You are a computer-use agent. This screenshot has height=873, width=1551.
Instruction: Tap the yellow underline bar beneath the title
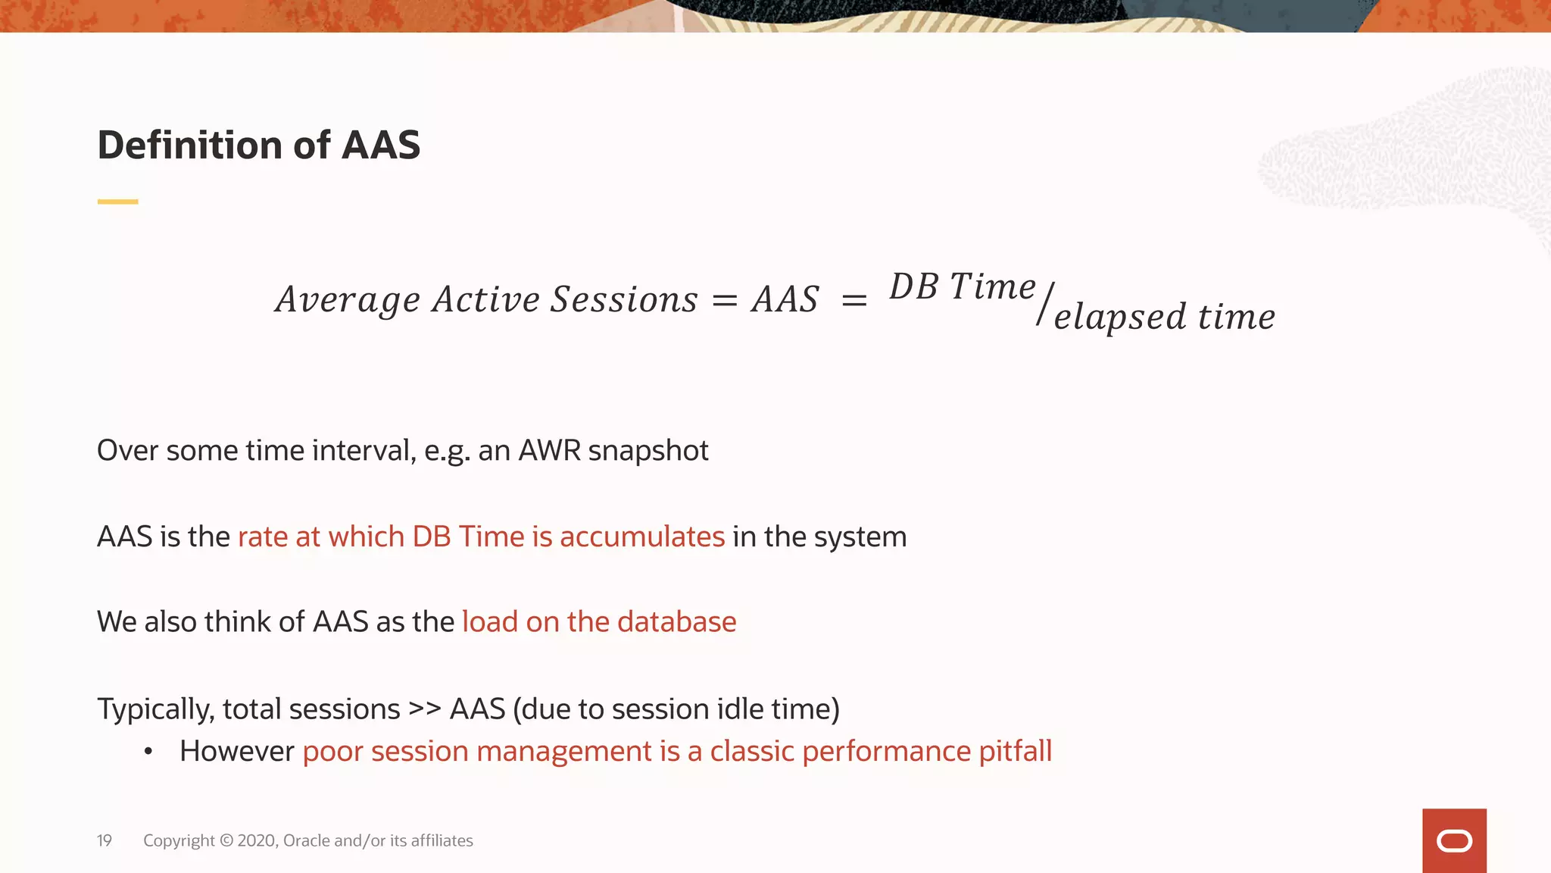[117, 202]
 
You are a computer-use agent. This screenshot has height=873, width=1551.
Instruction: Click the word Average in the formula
[348, 300]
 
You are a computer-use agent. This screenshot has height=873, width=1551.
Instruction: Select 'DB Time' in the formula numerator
[962, 287]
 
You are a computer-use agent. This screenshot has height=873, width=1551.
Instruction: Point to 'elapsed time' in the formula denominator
[1164, 317]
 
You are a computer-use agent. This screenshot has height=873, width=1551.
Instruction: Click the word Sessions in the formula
[623, 299]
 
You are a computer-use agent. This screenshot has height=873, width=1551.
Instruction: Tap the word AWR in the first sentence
[549, 451]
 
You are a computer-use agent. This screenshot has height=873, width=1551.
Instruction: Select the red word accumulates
[641, 537]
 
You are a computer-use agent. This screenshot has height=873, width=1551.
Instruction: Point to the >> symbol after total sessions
[424, 709]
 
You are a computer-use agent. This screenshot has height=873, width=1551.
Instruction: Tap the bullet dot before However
[148, 752]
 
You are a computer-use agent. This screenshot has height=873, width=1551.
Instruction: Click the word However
[236, 752]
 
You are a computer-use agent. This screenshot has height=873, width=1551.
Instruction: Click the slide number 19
[105, 840]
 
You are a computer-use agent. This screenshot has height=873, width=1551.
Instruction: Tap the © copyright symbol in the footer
[226, 840]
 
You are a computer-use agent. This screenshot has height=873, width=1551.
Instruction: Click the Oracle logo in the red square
[1454, 841]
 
